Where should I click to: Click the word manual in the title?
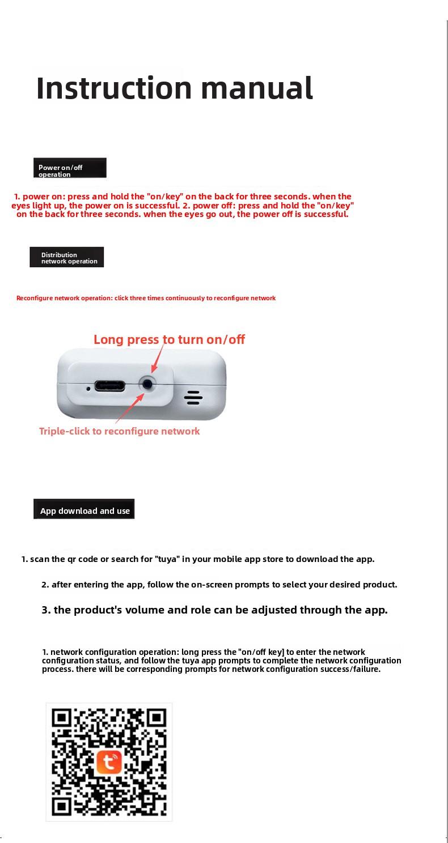[256, 88]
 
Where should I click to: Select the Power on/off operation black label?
[70, 168]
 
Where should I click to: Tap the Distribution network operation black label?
[67, 258]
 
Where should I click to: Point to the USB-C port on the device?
[110, 386]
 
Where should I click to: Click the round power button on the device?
[148, 384]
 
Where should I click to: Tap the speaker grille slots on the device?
[193, 398]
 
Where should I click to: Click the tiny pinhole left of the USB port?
[88, 389]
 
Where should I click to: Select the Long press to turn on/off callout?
[169, 339]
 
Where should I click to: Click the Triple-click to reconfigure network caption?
[119, 431]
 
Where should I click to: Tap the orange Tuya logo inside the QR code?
[109, 762]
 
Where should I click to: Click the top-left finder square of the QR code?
[61, 718]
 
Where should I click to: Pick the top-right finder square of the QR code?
[157, 718]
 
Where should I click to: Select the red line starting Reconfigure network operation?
[146, 298]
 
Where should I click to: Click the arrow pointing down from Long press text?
[158, 358]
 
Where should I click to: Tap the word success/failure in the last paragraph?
[352, 669]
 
